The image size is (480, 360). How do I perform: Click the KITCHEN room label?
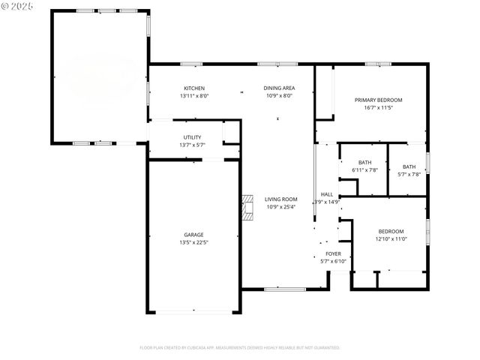pos(193,88)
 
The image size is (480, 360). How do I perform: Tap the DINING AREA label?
pos(278,88)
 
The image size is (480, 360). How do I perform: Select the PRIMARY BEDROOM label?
pos(378,100)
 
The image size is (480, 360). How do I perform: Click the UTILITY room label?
pos(192,137)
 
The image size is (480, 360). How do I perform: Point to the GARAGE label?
pos(193,235)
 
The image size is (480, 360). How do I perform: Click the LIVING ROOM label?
pos(281,199)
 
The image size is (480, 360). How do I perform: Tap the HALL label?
pos(326,194)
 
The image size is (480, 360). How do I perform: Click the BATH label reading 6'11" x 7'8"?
pos(364,163)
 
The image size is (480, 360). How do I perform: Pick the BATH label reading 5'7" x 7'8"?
pos(409,166)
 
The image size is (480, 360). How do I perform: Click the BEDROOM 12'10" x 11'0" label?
pos(391,231)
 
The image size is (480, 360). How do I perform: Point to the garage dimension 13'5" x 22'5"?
pos(193,242)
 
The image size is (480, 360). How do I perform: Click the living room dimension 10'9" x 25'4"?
pos(281,207)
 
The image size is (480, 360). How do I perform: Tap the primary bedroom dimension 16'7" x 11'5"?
pos(378,108)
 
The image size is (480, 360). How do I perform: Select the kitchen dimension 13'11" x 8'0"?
pos(193,96)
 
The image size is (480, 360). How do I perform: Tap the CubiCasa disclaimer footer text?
pos(240,347)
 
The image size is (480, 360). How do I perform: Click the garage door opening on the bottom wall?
pos(193,311)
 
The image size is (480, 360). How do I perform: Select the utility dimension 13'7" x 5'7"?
pos(192,145)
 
